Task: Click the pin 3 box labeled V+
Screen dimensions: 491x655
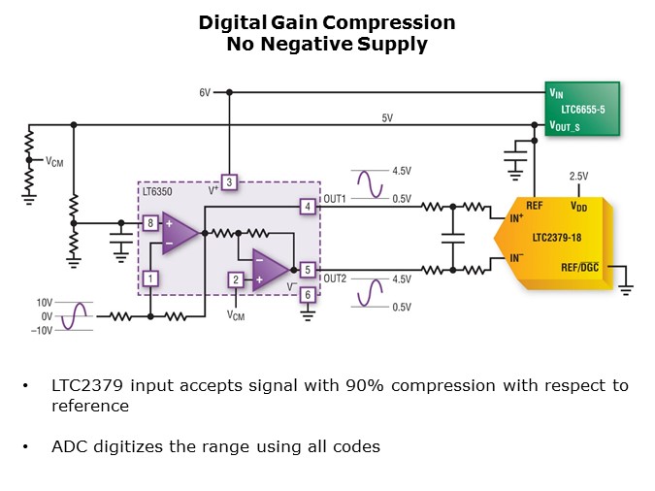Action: (x=229, y=181)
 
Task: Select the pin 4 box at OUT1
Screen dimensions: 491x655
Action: (x=307, y=206)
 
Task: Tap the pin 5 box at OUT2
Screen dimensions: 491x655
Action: (x=307, y=271)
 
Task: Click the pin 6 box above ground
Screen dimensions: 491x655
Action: (x=307, y=295)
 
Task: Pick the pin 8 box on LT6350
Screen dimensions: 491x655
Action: (x=150, y=223)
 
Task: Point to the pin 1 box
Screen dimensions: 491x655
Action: (x=150, y=278)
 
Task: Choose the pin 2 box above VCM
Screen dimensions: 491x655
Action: (x=235, y=279)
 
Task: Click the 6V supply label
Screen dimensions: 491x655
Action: (x=205, y=93)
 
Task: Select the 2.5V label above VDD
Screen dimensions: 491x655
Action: (x=578, y=176)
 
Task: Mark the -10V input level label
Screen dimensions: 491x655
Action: (x=43, y=330)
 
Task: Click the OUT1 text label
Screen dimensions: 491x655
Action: (x=335, y=199)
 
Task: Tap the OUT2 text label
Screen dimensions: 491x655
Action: (x=335, y=278)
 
